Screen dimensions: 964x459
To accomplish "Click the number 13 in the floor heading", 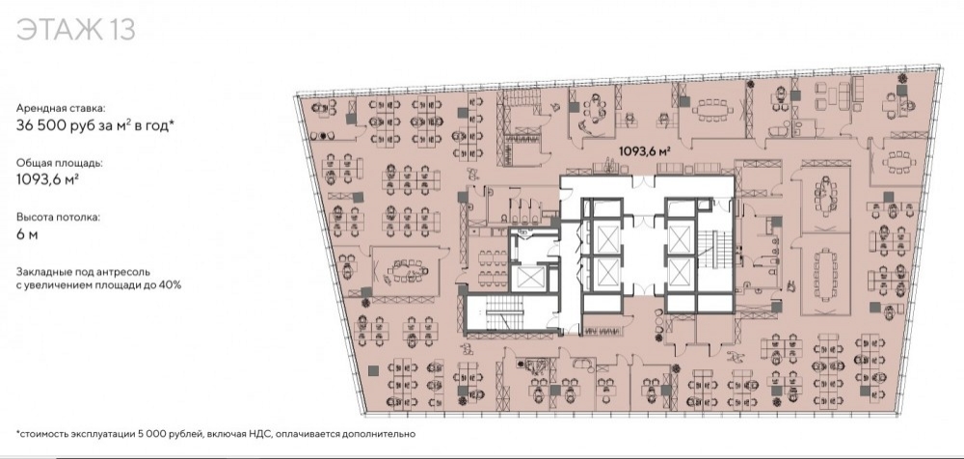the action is (121, 29).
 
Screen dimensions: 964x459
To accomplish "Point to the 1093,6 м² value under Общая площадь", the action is (47, 180).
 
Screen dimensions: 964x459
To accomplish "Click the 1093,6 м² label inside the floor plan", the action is (644, 149).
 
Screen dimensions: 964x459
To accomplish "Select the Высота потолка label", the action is (57, 217).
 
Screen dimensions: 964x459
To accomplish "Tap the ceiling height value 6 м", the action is (27, 234).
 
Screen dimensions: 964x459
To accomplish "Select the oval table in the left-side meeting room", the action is (406, 269).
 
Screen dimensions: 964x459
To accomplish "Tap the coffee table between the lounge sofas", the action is (827, 96).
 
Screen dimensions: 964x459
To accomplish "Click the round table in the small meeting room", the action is (594, 108).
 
